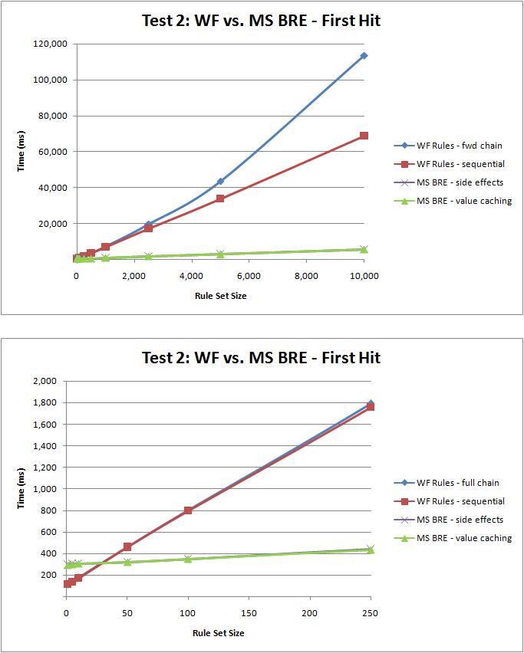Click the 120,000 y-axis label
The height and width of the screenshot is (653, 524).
click(x=50, y=44)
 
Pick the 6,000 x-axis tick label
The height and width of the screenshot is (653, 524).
click(x=249, y=276)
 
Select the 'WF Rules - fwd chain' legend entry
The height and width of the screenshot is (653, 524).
click(x=448, y=146)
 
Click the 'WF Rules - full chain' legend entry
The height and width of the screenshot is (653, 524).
click(x=447, y=483)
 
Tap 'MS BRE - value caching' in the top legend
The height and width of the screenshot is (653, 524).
click(x=453, y=201)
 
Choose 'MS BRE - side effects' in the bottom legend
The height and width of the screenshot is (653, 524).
click(x=449, y=520)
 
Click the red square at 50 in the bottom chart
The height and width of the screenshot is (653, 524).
click(x=127, y=546)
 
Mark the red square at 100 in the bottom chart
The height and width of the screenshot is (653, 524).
click(x=188, y=510)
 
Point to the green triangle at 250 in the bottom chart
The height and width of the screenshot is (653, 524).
click(x=370, y=550)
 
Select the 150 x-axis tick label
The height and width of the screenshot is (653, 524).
click(x=249, y=613)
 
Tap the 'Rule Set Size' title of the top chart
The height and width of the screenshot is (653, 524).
click(x=220, y=296)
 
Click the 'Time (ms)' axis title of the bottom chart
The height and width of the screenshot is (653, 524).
click(x=21, y=488)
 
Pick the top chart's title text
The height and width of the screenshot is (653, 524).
click(x=262, y=21)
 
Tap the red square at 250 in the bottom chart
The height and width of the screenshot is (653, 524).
click(x=371, y=407)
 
